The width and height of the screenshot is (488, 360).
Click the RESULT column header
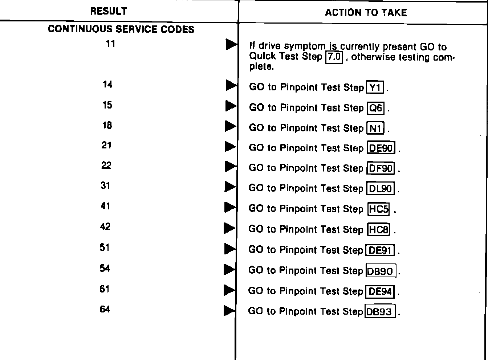[x=109, y=11]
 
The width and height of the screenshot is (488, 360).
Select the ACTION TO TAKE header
[x=366, y=13]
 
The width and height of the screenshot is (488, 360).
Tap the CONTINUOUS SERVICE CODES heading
[x=121, y=29]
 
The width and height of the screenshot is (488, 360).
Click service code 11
[x=110, y=44]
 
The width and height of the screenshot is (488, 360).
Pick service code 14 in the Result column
[x=107, y=85]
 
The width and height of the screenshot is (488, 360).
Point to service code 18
[x=107, y=125]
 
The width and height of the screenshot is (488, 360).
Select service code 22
[x=106, y=165]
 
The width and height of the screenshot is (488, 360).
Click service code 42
[x=105, y=227]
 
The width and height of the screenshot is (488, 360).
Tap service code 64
[x=105, y=310]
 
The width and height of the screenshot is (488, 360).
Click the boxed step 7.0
[x=334, y=57]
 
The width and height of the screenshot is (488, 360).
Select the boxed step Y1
[x=376, y=87]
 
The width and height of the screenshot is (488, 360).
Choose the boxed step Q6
[x=376, y=108]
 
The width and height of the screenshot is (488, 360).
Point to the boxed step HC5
[x=379, y=209]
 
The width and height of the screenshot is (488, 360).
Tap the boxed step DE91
[x=380, y=250]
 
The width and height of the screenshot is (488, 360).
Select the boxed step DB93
[x=380, y=312]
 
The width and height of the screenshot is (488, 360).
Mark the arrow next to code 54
[x=229, y=269]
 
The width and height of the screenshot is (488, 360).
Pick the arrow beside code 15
[x=231, y=106]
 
